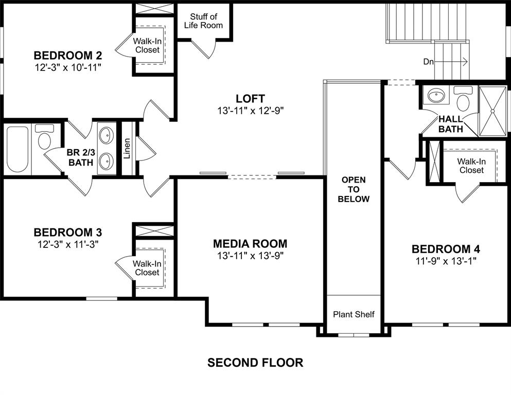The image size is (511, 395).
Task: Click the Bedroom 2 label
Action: point(67,55)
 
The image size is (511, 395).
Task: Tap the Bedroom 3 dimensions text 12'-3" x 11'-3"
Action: point(67,244)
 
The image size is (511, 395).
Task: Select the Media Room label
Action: point(250,244)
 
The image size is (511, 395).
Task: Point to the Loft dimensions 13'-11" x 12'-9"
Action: point(250,110)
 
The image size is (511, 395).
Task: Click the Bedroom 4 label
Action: point(446,249)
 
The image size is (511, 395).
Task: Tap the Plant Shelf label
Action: point(354,314)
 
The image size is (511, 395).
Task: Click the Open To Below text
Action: point(354,189)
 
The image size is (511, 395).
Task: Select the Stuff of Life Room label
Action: point(204,21)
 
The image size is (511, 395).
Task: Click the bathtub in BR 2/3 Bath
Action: point(18,149)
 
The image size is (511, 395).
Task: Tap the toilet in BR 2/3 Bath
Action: point(44,139)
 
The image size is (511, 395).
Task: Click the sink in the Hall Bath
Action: point(437,96)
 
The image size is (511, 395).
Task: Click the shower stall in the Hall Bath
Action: point(492,110)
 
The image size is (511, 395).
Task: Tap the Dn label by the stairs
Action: point(428,62)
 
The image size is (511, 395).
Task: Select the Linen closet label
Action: point(127,149)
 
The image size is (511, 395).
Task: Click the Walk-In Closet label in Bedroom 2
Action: point(147,45)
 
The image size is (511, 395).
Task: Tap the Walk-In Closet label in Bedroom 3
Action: point(147,268)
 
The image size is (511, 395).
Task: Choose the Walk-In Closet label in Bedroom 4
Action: point(471,166)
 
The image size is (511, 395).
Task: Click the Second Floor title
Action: point(255,363)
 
